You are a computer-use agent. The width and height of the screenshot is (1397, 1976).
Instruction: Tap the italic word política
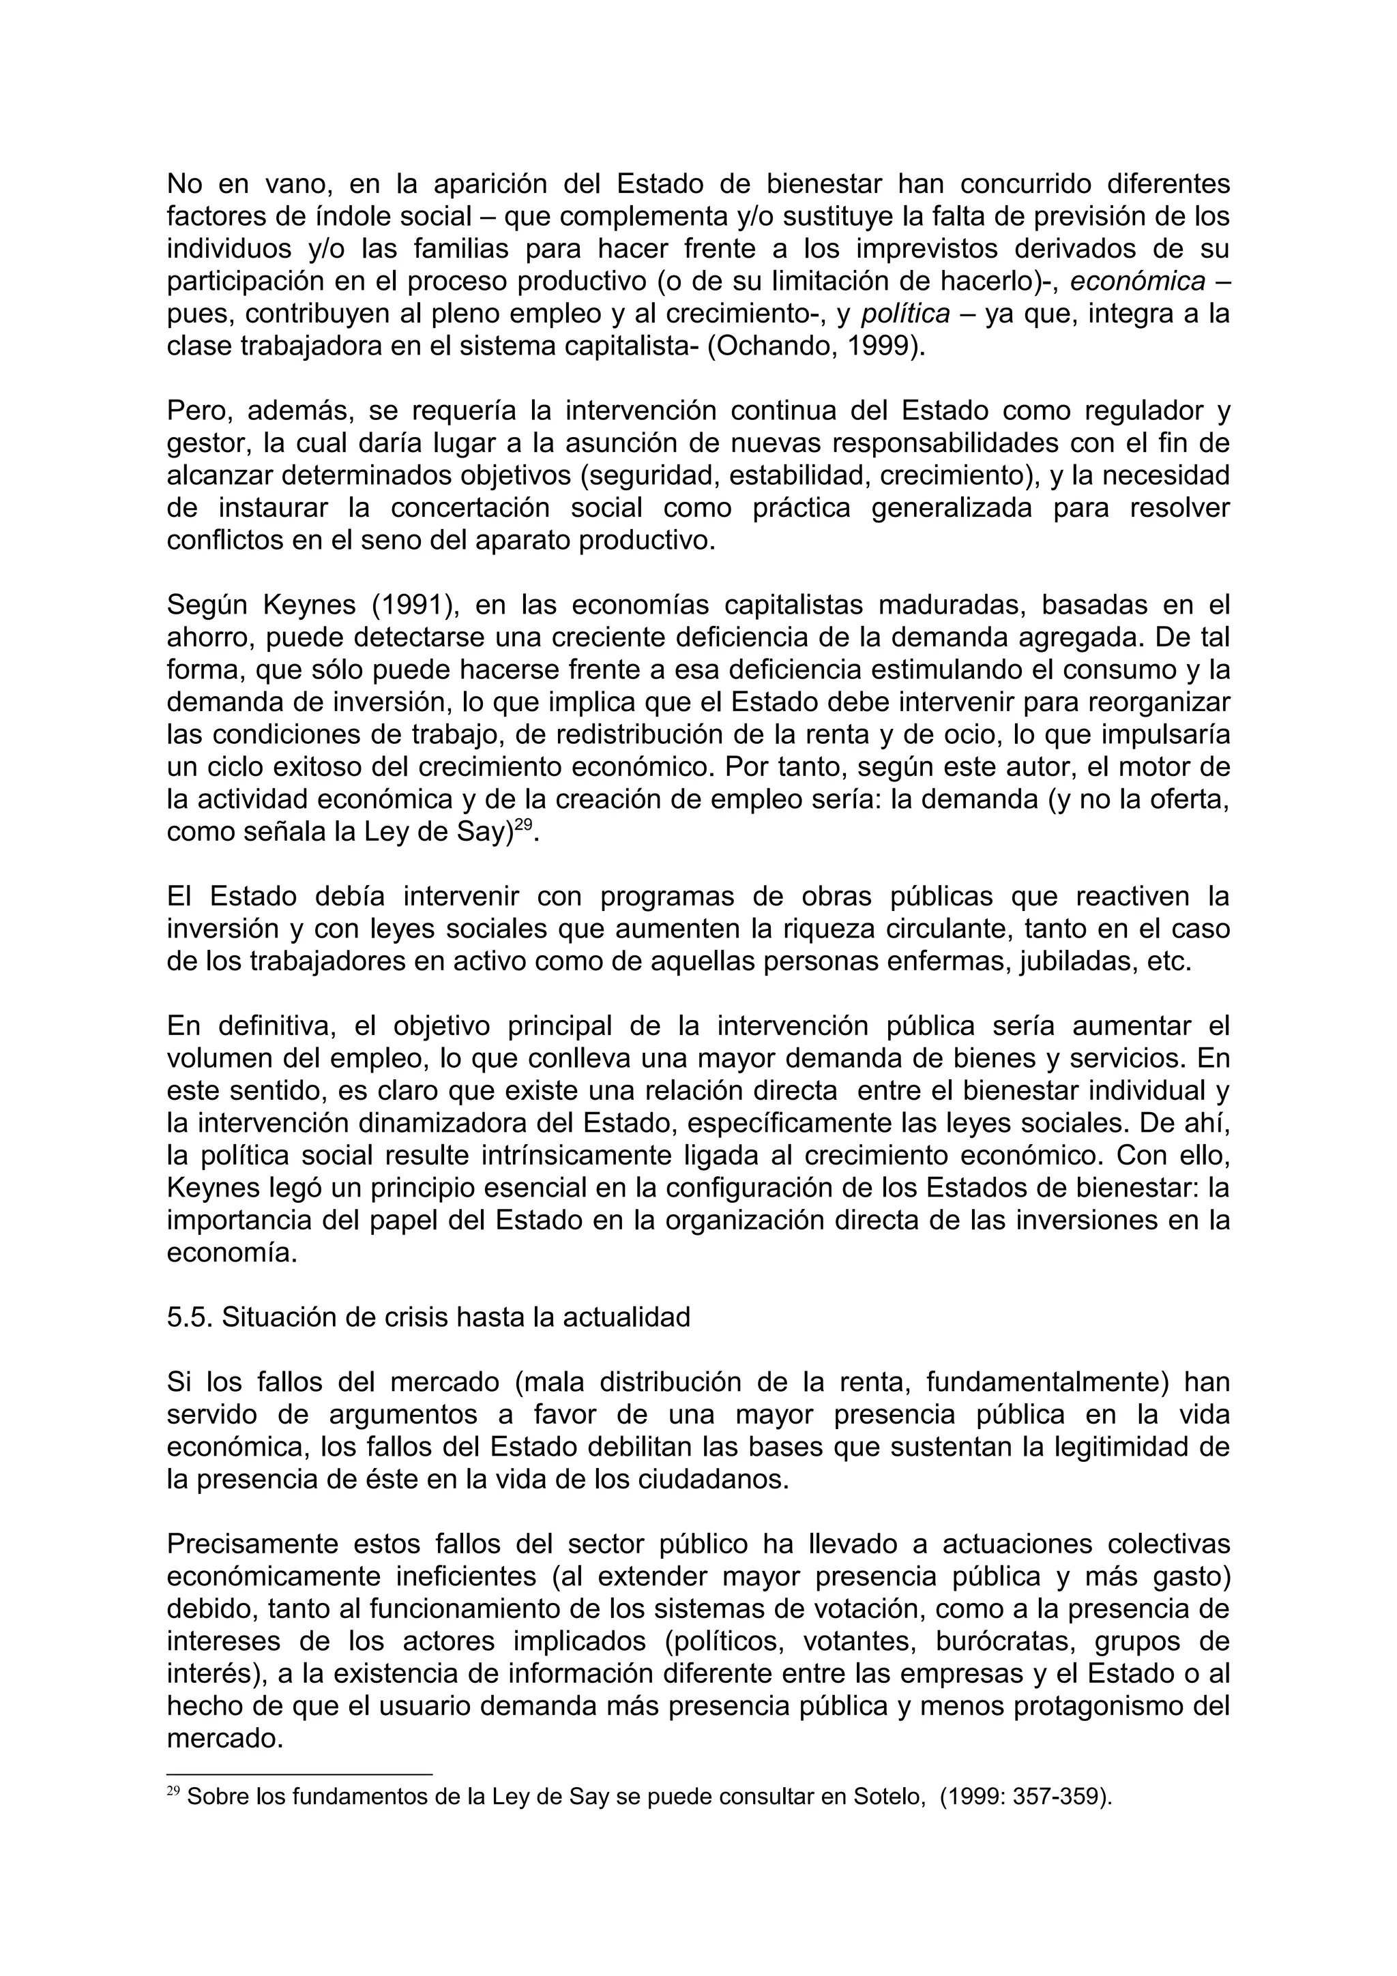coord(905,314)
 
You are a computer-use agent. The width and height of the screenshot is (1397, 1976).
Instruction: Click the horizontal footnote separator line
coord(299,1773)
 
